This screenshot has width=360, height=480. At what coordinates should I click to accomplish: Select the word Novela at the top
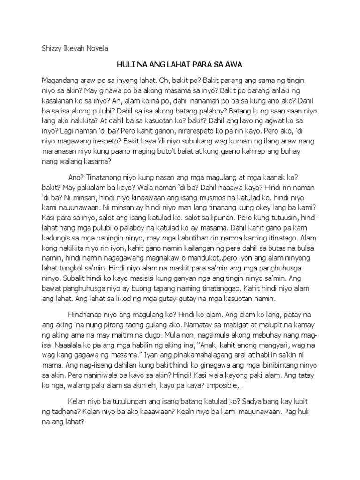97,48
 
